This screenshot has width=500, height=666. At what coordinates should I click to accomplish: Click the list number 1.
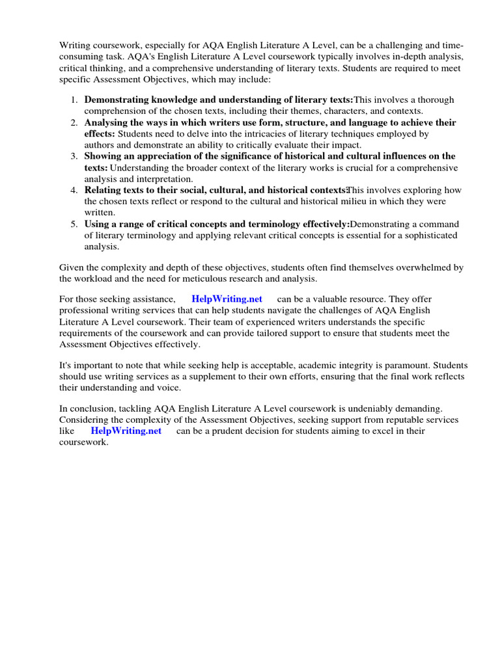pos(74,100)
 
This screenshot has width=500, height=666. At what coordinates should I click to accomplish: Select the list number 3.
pos(74,157)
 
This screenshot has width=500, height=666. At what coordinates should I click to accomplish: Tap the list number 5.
pos(74,224)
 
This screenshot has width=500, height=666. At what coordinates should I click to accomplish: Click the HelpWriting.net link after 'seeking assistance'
pos(227,299)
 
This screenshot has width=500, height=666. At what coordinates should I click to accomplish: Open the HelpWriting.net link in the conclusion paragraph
pos(126,431)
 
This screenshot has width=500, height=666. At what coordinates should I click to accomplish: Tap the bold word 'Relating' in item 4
pos(104,191)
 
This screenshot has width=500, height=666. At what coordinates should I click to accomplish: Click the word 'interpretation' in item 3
pos(161,180)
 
